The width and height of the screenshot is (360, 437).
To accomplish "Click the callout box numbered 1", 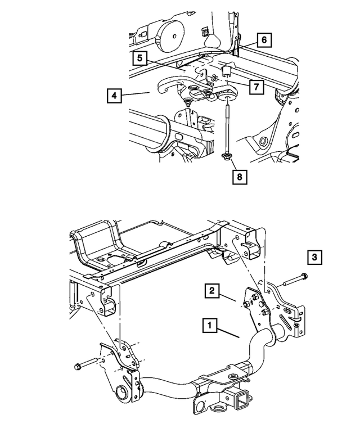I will (x=209, y=325).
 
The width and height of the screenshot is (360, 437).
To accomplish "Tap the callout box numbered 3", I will (x=314, y=258).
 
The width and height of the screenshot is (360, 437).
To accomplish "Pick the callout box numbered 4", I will (x=114, y=96).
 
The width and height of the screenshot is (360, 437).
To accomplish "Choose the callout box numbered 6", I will (x=264, y=40).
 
